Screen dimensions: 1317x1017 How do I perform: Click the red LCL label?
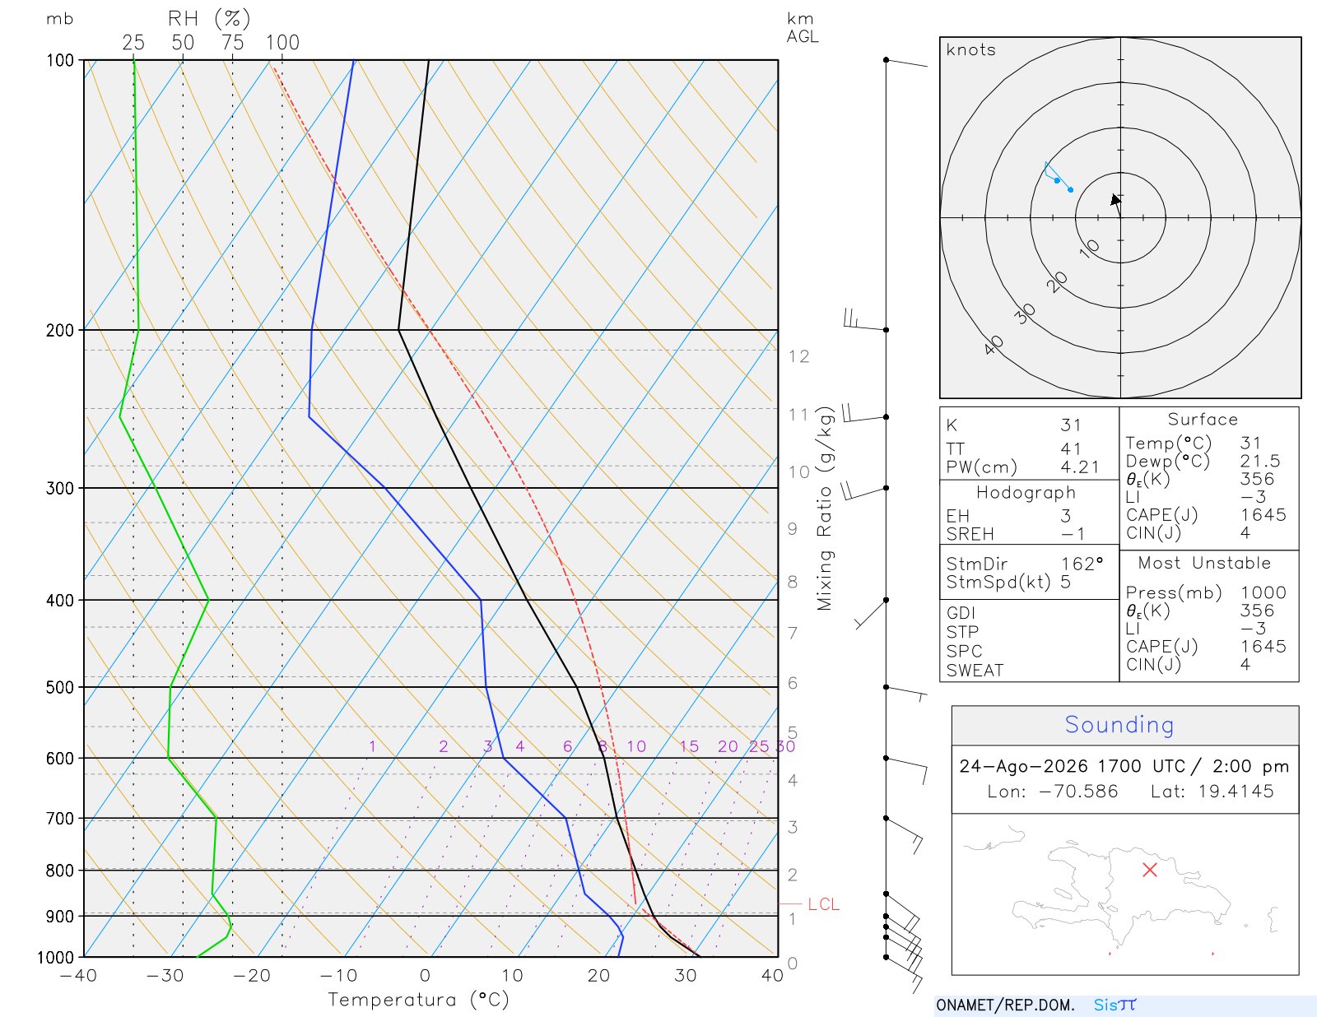click(824, 904)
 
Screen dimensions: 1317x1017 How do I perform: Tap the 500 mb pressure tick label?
click(59, 688)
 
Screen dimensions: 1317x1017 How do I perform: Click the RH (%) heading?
click(209, 19)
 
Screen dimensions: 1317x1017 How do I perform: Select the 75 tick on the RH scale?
click(232, 43)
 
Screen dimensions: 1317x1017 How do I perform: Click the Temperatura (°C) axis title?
click(418, 1000)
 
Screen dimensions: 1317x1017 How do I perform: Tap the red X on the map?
click(1149, 870)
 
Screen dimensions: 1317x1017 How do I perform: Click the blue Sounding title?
click(1119, 725)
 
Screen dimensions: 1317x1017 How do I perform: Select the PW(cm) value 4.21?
click(1079, 467)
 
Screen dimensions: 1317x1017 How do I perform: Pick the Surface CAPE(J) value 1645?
click(1263, 515)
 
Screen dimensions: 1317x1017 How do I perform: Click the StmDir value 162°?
click(1082, 564)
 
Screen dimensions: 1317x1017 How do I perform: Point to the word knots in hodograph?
click(971, 49)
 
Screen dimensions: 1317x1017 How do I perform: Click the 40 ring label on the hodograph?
click(994, 346)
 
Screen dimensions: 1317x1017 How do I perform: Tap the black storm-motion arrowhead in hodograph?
click(1115, 199)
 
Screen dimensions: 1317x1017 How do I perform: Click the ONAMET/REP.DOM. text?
click(1005, 1005)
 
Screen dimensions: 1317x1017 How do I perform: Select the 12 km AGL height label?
click(798, 357)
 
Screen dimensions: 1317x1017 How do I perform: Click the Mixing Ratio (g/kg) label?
click(825, 508)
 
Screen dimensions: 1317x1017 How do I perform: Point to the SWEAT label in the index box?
click(975, 671)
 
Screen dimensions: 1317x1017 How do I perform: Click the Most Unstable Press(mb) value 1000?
click(1263, 592)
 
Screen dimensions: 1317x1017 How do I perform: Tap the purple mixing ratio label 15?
click(688, 746)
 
